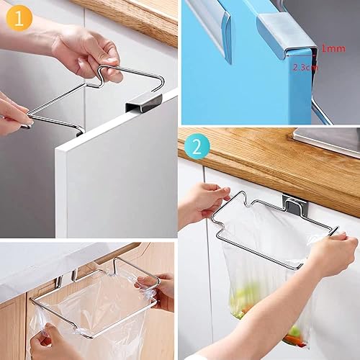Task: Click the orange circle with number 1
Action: point(15,16)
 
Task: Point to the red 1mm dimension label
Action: point(332,48)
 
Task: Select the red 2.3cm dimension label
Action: point(305,67)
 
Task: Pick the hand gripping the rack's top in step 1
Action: point(86,50)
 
